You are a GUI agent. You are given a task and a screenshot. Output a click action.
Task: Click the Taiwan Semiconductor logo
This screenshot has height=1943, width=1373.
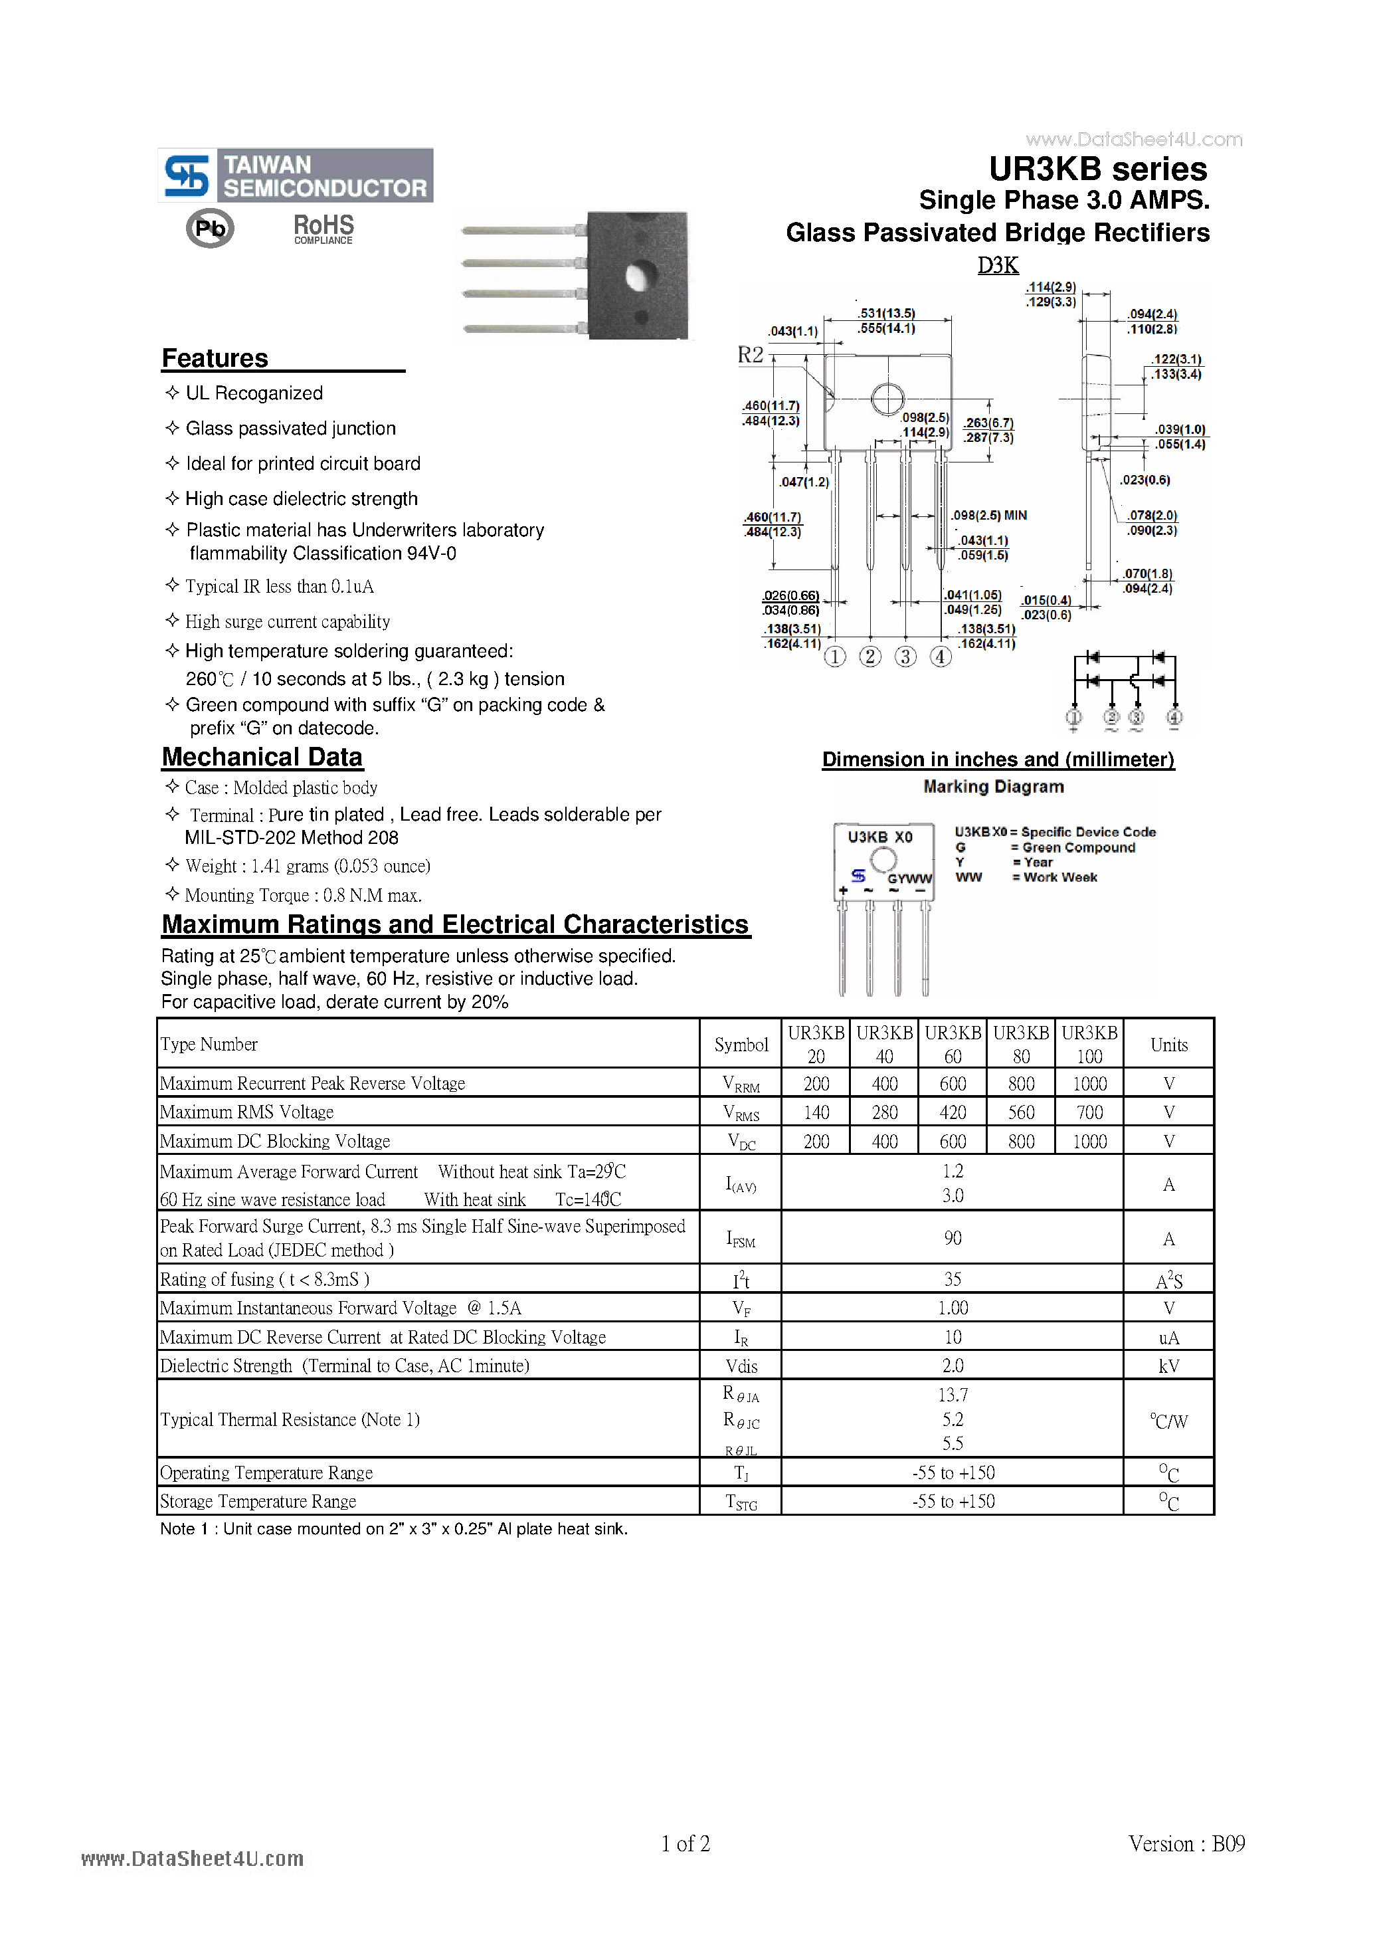[295, 175]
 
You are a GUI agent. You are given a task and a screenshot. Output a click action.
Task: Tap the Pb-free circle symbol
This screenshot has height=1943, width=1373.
[210, 229]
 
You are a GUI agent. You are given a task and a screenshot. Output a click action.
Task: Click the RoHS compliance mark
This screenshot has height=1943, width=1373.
[323, 229]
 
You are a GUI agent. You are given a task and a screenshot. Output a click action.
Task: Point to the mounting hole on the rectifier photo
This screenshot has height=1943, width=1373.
[639, 276]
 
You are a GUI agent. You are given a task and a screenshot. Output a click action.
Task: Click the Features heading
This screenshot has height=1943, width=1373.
[215, 359]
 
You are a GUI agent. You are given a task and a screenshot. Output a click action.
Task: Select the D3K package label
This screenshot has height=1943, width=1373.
[998, 265]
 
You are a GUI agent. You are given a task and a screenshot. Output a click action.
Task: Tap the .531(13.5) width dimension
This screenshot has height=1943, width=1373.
[887, 313]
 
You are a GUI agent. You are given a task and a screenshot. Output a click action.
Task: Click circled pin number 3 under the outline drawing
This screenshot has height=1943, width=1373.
[905, 657]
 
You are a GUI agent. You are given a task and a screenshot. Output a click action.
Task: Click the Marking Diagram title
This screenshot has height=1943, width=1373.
[993, 786]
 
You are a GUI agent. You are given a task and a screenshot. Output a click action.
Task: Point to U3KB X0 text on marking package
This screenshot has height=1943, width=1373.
[880, 837]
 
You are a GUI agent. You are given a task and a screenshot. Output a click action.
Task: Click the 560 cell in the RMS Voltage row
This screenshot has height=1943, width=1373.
[1021, 1112]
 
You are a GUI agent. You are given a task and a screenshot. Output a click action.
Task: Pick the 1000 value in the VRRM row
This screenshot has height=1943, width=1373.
[1089, 1083]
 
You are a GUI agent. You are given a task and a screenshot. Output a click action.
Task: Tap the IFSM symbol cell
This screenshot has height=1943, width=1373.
[740, 1238]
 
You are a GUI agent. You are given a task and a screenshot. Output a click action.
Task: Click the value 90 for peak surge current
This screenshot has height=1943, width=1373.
[953, 1238]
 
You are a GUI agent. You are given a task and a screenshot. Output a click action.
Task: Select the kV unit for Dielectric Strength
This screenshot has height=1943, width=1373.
[1168, 1366]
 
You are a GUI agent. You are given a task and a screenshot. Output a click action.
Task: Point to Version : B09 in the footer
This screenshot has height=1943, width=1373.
[1186, 1843]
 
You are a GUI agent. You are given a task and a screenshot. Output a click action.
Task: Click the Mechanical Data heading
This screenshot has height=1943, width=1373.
[262, 757]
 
